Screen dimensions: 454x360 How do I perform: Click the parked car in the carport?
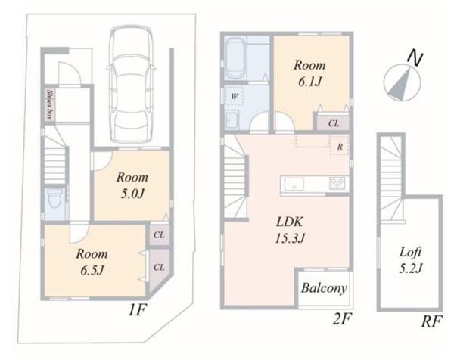(x=131, y=84)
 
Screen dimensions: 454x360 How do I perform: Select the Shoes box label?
(x=50, y=104)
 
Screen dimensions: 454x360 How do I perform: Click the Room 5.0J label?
(x=132, y=185)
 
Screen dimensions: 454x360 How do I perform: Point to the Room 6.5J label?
(x=92, y=262)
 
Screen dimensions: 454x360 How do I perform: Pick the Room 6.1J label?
(x=309, y=73)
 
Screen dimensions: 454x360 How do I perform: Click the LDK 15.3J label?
(x=290, y=230)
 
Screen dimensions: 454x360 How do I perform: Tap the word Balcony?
(x=324, y=288)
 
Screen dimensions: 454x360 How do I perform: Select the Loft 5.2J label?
(x=411, y=260)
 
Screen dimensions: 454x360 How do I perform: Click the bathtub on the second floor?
(x=235, y=59)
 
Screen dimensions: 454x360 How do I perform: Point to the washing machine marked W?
(x=234, y=96)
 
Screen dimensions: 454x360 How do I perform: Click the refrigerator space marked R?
(x=339, y=145)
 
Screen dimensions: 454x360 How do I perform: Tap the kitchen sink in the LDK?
(x=294, y=185)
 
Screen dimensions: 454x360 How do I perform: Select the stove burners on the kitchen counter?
(x=337, y=183)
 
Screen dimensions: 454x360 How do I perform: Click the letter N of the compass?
(x=415, y=59)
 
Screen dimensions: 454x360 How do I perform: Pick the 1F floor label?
(x=137, y=311)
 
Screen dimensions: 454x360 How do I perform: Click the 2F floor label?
(x=342, y=319)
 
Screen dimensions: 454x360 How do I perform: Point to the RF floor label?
(x=432, y=321)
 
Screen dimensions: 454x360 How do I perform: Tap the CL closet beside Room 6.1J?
(x=333, y=123)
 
